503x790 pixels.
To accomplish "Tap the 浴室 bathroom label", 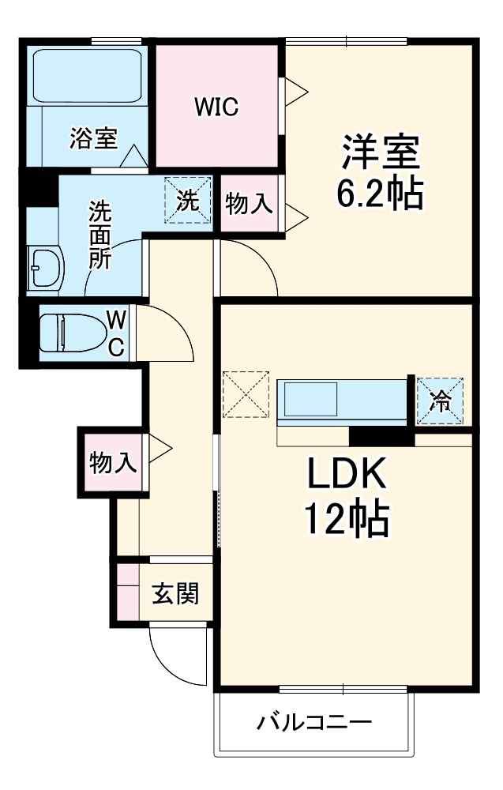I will (x=93, y=139).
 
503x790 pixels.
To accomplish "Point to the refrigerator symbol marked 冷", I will (x=439, y=402).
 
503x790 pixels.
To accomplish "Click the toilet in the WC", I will (x=75, y=333).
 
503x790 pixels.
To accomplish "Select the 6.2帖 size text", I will (x=380, y=194).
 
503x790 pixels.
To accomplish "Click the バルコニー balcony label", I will (x=314, y=722).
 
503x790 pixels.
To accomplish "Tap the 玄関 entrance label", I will (x=175, y=593).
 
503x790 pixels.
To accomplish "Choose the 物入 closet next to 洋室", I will (x=249, y=205).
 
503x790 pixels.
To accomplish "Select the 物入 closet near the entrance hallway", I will (x=112, y=462).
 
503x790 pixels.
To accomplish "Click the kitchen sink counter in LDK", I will (x=341, y=402).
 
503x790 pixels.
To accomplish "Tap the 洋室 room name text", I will (x=380, y=150).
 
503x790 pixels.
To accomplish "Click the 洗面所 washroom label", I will (x=99, y=234).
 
